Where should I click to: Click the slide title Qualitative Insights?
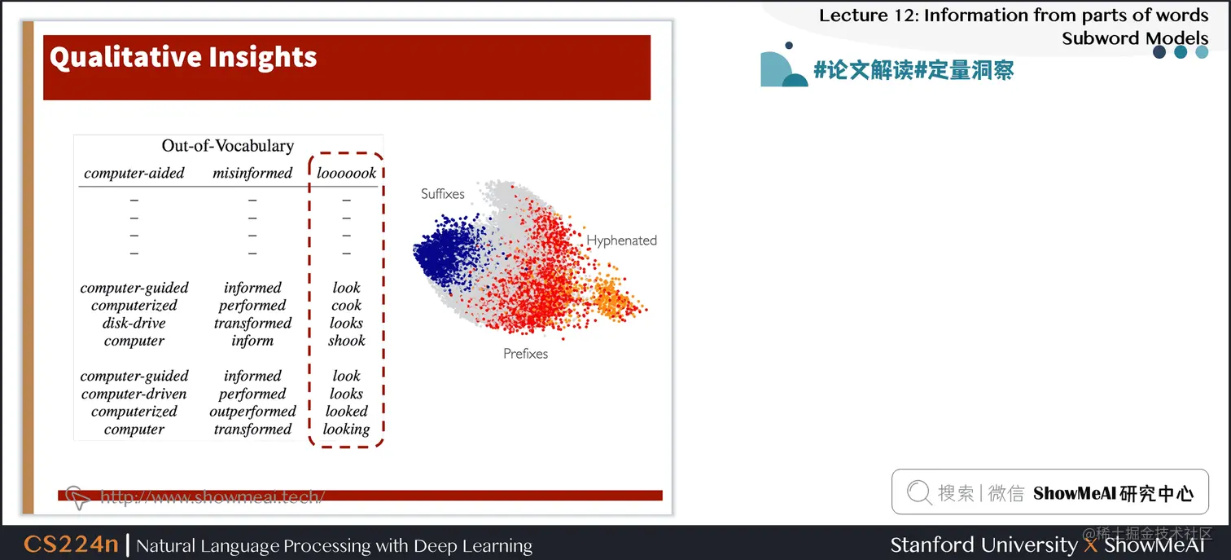[183, 57]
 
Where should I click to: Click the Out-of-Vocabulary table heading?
[227, 146]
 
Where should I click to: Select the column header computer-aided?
[134, 173]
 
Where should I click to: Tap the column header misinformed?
[252, 173]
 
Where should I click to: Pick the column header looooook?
[346, 173]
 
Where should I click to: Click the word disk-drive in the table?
[134, 324]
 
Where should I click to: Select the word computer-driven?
[134, 394]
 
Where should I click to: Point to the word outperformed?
[252, 412]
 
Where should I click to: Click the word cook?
[346, 306]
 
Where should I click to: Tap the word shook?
[346, 341]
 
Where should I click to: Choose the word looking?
[346, 430]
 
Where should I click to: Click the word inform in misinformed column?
[252, 341]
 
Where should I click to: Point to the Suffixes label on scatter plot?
[443, 194]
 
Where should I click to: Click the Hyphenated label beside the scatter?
[621, 240]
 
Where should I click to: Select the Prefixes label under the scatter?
[525, 354]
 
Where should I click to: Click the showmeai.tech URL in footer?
[212, 496]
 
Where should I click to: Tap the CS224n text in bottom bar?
[71, 545]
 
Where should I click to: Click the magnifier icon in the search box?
[918, 492]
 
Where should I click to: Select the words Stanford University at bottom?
[983, 545]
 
